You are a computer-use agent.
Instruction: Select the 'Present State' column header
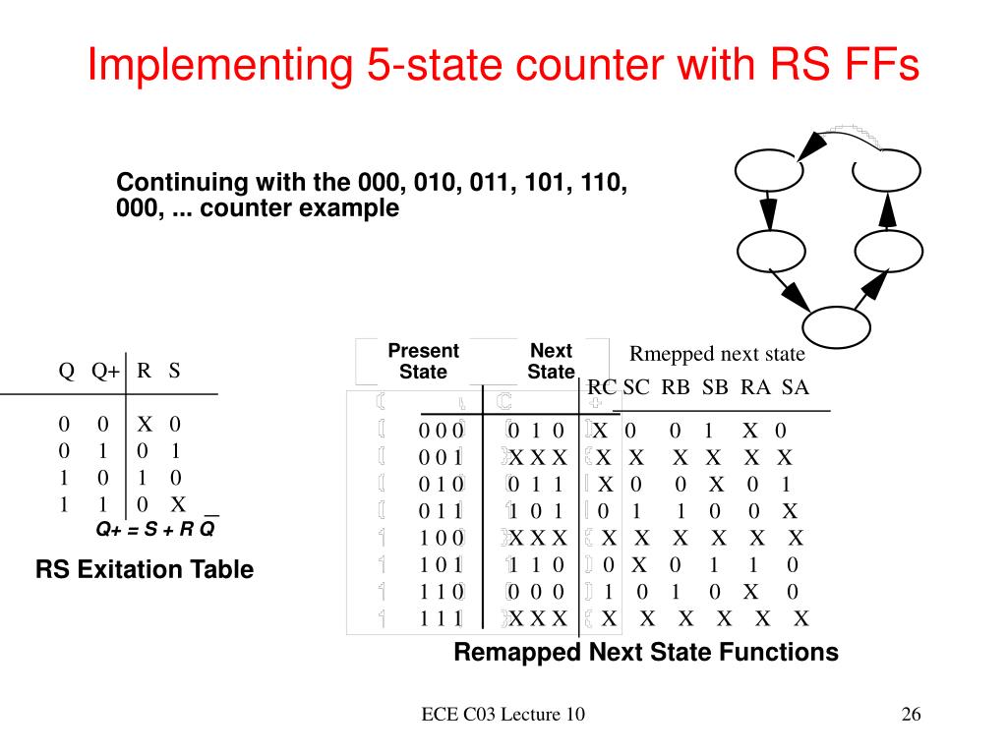click(423, 362)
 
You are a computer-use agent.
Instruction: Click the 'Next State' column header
click(551, 362)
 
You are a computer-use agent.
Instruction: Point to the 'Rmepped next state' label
click(717, 354)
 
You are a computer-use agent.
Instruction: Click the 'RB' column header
click(676, 387)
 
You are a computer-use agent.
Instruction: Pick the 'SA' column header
click(795, 387)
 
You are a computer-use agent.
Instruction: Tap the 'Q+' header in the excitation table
click(105, 372)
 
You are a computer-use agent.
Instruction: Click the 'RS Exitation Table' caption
click(145, 569)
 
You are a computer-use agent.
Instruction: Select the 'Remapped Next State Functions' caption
click(646, 652)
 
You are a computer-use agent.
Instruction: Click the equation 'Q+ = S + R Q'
click(155, 529)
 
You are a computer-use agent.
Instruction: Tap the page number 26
click(911, 715)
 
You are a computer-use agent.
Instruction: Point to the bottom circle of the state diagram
click(835, 327)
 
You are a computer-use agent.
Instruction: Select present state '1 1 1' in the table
click(441, 618)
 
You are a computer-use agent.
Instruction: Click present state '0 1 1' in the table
click(441, 511)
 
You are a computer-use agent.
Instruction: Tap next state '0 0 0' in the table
click(536, 592)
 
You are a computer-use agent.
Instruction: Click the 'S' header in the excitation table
click(174, 372)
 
